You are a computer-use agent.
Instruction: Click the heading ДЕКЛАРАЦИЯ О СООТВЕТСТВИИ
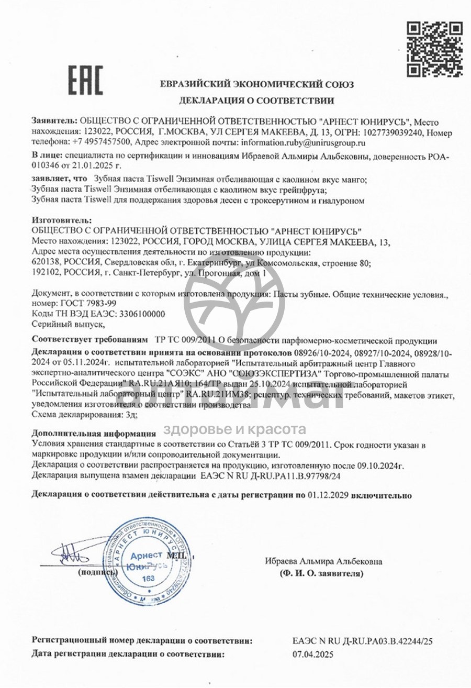pyautogui.click(x=256, y=100)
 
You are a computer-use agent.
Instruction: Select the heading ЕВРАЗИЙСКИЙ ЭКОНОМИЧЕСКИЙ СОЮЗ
pyautogui.click(x=256, y=84)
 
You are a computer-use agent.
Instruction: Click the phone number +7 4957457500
pyautogui.click(x=97, y=142)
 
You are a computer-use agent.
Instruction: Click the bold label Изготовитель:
pyautogui.click(x=62, y=221)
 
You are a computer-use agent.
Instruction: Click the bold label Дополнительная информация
pyautogui.click(x=94, y=434)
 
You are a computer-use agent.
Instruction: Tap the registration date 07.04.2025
pyautogui.click(x=313, y=654)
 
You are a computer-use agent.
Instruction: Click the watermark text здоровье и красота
pyautogui.click(x=235, y=430)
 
